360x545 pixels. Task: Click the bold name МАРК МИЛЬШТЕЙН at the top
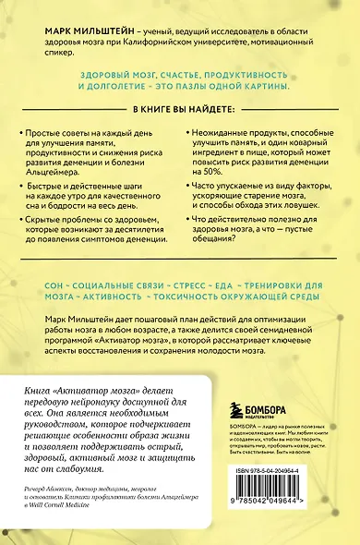coord(84,30)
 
